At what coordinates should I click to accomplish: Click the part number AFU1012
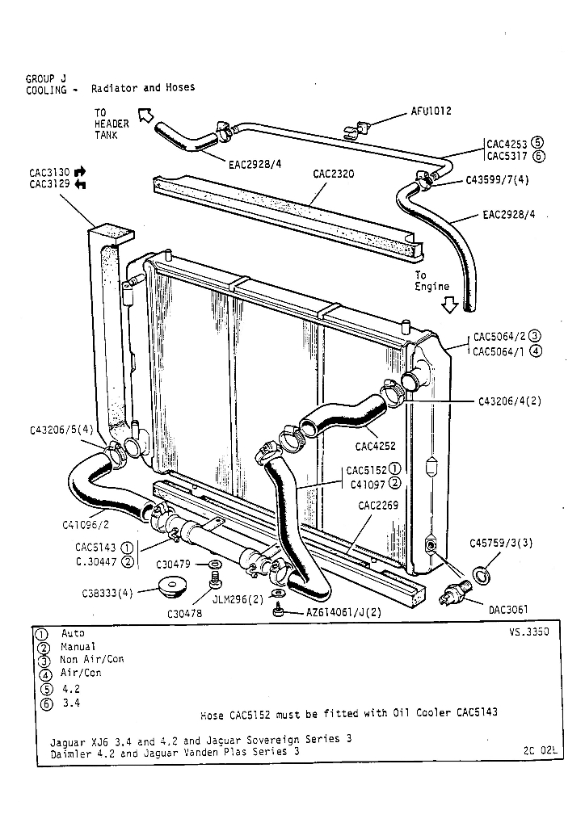click(x=431, y=111)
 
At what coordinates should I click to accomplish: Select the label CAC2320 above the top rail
click(x=333, y=174)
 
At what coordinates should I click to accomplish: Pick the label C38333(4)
click(x=107, y=593)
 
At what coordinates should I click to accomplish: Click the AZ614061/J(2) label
click(x=343, y=612)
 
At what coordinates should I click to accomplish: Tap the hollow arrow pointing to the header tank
click(x=145, y=116)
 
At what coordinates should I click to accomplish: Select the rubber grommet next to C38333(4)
click(x=171, y=586)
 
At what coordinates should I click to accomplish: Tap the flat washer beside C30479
click(x=217, y=563)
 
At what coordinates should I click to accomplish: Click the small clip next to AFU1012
click(x=356, y=127)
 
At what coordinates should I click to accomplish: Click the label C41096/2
click(x=85, y=524)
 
